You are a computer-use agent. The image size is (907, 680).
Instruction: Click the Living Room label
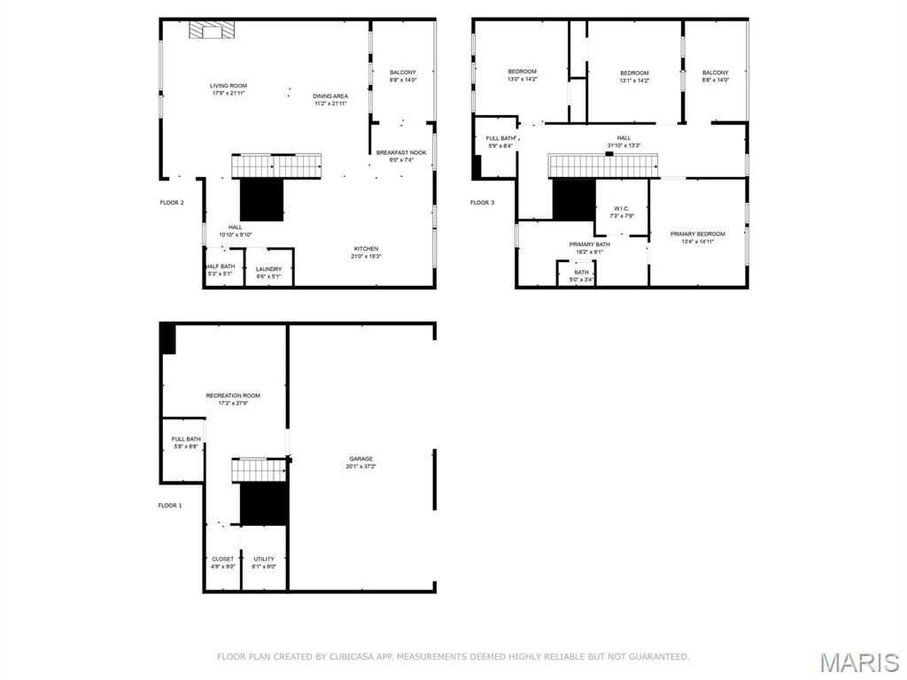click(x=229, y=86)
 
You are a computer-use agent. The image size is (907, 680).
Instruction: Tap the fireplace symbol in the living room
click(x=213, y=31)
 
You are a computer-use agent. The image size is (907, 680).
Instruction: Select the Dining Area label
click(x=330, y=96)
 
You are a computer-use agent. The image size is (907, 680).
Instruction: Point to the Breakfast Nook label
click(x=401, y=152)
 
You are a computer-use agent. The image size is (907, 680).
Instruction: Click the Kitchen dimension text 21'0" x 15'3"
click(x=366, y=257)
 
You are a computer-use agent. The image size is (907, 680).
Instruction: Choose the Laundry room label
click(x=268, y=269)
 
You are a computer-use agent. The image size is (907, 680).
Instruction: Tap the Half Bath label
click(x=221, y=267)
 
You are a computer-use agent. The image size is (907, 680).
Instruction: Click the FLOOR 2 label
click(x=172, y=203)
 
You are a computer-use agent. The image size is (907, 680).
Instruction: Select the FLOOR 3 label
click(x=483, y=203)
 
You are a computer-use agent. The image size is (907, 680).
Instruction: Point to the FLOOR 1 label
click(x=170, y=506)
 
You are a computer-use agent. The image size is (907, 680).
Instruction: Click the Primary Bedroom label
click(x=697, y=234)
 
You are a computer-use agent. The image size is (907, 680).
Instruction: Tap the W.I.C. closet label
click(x=619, y=209)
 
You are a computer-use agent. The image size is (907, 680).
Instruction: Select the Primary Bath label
click(x=589, y=244)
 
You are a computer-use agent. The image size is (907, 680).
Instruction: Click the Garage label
click(x=360, y=459)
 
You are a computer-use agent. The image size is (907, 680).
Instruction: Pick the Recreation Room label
click(x=233, y=395)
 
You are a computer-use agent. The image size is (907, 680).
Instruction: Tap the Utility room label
click(x=264, y=559)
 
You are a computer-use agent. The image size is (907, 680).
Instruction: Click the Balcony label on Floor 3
click(x=715, y=73)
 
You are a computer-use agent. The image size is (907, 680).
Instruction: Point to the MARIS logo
click(x=858, y=662)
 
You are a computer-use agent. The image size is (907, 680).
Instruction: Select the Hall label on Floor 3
click(x=624, y=138)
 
